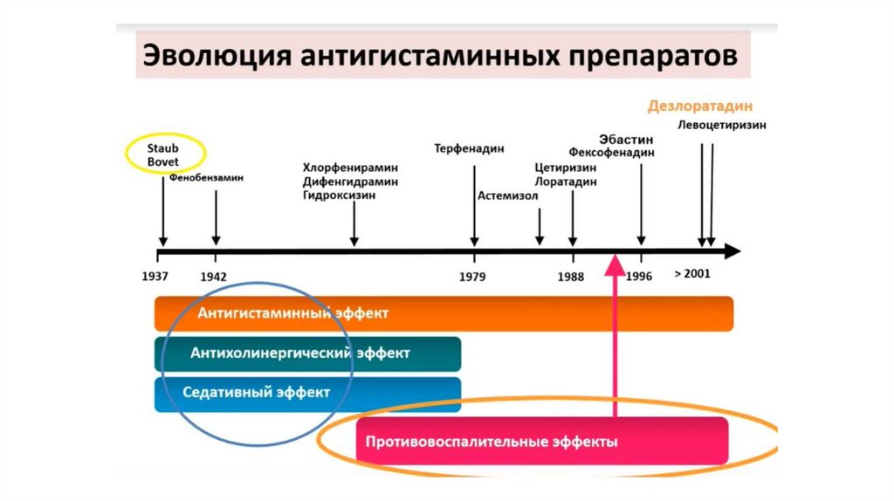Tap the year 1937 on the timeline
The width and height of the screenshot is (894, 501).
157,276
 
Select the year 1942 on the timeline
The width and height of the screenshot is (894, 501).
214,276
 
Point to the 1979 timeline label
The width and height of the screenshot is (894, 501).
473,276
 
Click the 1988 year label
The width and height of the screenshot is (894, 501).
571,276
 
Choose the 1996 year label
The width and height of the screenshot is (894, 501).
639,276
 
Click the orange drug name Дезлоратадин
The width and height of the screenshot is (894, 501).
699,106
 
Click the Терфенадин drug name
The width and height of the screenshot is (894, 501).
470,148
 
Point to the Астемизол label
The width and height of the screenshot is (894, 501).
508,196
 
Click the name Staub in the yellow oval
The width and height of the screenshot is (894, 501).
162,148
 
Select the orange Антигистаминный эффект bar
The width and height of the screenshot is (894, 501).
444,313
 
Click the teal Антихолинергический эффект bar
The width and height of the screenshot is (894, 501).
307,353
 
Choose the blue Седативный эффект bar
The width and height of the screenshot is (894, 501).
307,393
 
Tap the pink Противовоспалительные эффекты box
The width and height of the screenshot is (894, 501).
542,441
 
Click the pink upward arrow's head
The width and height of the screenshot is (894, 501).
615,263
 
